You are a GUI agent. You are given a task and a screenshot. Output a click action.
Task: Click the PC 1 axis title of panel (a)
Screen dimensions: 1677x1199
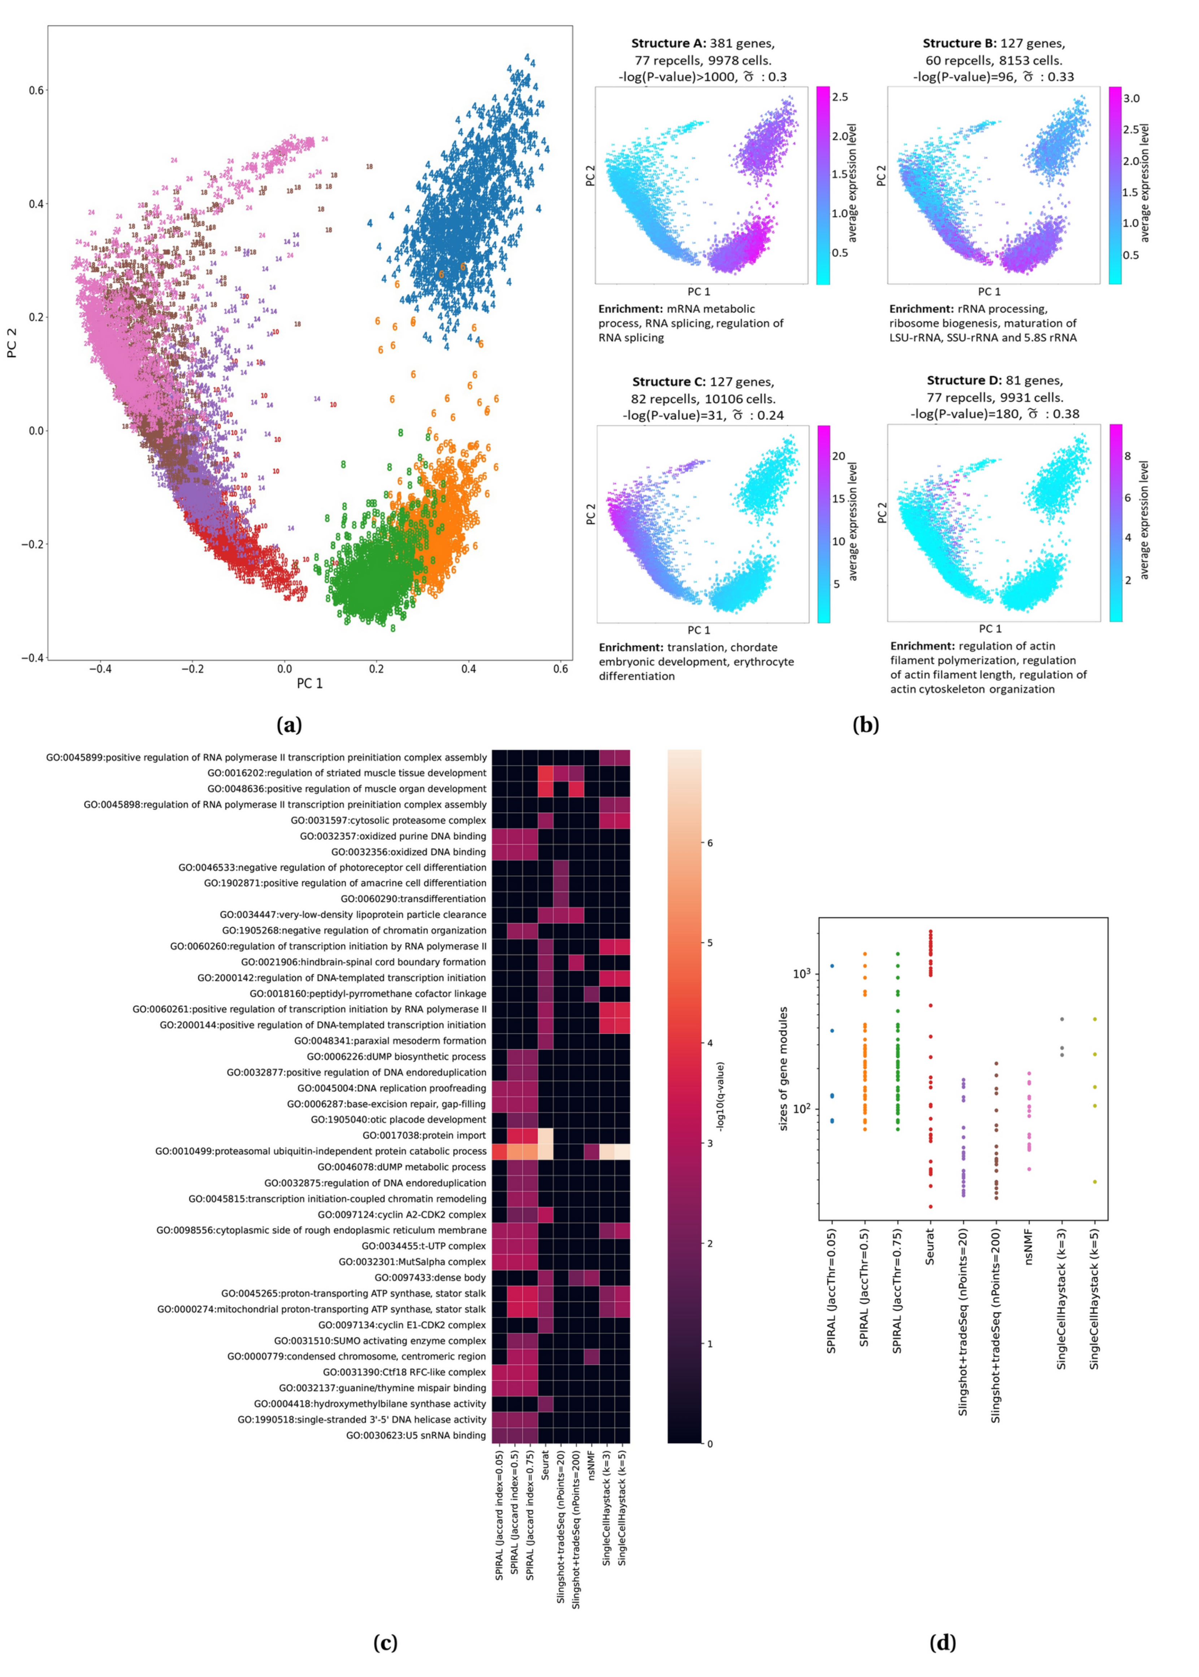tap(310, 683)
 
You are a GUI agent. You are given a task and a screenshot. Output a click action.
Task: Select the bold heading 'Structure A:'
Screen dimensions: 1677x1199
tap(668, 44)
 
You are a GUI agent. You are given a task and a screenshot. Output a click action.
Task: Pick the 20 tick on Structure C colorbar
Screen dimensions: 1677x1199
tap(839, 456)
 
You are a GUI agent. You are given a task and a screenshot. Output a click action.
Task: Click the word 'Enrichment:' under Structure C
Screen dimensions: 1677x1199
tap(631, 647)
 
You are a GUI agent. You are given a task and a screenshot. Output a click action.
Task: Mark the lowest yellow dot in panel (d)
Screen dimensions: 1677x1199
tap(1095, 1182)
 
